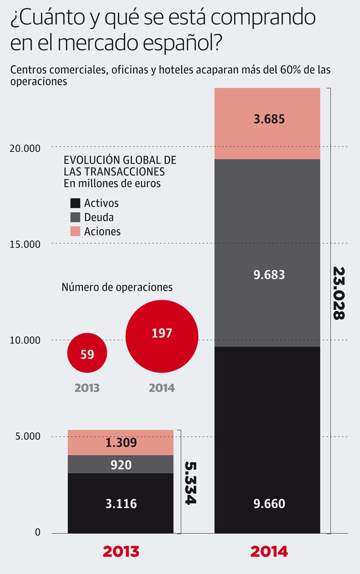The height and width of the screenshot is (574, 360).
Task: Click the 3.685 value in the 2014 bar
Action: (x=269, y=118)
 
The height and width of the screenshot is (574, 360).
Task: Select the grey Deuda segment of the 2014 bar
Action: (x=267, y=253)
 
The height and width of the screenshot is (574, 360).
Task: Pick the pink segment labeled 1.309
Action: (x=121, y=443)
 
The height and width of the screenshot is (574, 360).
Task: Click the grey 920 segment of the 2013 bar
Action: (x=121, y=464)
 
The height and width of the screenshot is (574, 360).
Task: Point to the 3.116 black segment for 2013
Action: (x=121, y=503)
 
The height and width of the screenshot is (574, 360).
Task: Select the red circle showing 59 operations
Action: (x=87, y=353)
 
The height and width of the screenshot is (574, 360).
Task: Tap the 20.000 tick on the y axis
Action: (x=26, y=147)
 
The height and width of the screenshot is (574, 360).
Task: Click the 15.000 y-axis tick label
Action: (x=26, y=244)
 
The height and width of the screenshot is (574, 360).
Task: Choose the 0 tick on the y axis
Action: (x=38, y=533)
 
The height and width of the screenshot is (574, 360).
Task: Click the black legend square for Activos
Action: (x=75, y=203)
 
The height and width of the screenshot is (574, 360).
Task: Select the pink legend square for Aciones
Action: (x=75, y=231)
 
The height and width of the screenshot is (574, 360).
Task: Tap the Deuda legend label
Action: (x=99, y=217)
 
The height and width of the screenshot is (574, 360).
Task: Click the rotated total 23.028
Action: (x=339, y=294)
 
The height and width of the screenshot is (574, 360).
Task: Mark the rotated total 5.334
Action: (x=189, y=483)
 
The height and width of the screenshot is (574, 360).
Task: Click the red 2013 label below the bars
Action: (x=121, y=551)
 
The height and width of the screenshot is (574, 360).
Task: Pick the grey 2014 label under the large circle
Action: (x=161, y=388)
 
